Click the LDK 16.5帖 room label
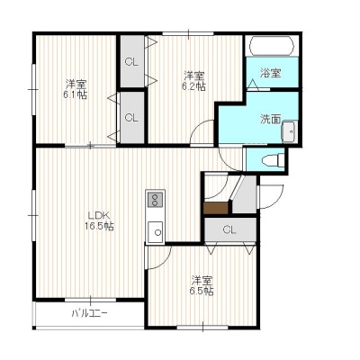(99, 220)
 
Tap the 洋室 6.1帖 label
(75, 89)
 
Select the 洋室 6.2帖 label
(193, 81)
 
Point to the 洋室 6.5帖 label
(202, 286)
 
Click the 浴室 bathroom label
(270, 73)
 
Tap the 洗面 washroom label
(270, 120)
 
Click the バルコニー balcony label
(89, 314)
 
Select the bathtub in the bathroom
(272, 46)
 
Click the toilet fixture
(273, 160)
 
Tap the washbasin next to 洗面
(289, 131)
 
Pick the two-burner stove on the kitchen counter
(155, 200)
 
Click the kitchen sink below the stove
(156, 231)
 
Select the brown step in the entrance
(216, 208)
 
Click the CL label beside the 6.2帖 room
(131, 62)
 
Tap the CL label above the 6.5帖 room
(229, 230)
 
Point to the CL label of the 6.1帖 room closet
(131, 118)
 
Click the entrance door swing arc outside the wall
(278, 201)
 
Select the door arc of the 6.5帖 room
(165, 262)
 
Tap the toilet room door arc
(226, 164)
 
